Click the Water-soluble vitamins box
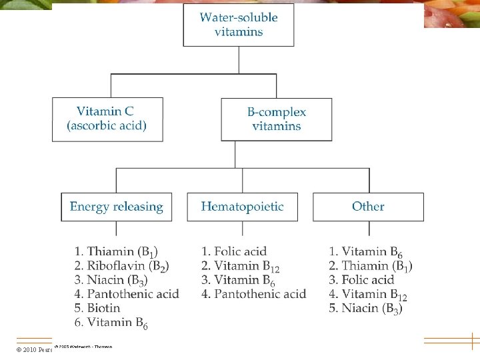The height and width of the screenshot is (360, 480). coord(239,25)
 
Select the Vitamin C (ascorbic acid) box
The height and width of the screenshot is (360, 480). coord(107,119)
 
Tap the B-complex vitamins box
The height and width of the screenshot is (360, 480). coord(277,119)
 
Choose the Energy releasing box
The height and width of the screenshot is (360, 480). coord(116,207)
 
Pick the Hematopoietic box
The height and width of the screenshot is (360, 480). coord(242,207)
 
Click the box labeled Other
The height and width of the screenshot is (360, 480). coord(368,207)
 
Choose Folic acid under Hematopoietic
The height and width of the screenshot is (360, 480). coord(234,251)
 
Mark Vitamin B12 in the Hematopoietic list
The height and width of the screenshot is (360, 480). coord(241,266)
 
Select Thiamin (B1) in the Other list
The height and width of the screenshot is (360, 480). coord(371,266)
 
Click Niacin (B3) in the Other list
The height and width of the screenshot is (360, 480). coord(365,308)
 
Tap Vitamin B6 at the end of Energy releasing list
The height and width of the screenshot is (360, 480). coord(111,323)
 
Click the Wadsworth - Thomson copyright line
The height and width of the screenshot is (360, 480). coord(83,347)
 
